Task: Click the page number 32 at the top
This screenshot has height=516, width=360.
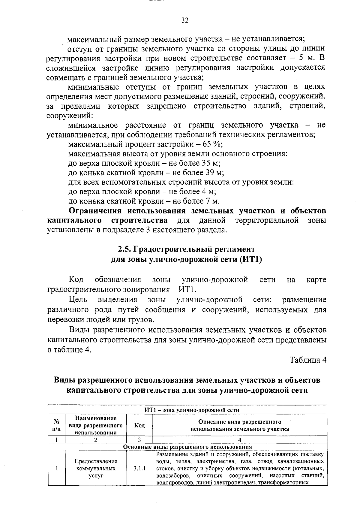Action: click(x=184, y=20)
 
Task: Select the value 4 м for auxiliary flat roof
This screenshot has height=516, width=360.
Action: click(x=208, y=192)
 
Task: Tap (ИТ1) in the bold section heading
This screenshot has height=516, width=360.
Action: click(x=250, y=259)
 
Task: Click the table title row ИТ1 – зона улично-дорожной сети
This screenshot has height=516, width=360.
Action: click(x=187, y=410)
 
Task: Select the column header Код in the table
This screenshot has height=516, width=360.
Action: click(x=139, y=425)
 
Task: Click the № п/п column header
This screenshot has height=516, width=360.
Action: click(x=56, y=425)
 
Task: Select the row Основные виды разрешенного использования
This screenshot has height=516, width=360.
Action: click(x=187, y=446)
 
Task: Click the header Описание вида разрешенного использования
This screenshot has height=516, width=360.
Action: click(x=240, y=425)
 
